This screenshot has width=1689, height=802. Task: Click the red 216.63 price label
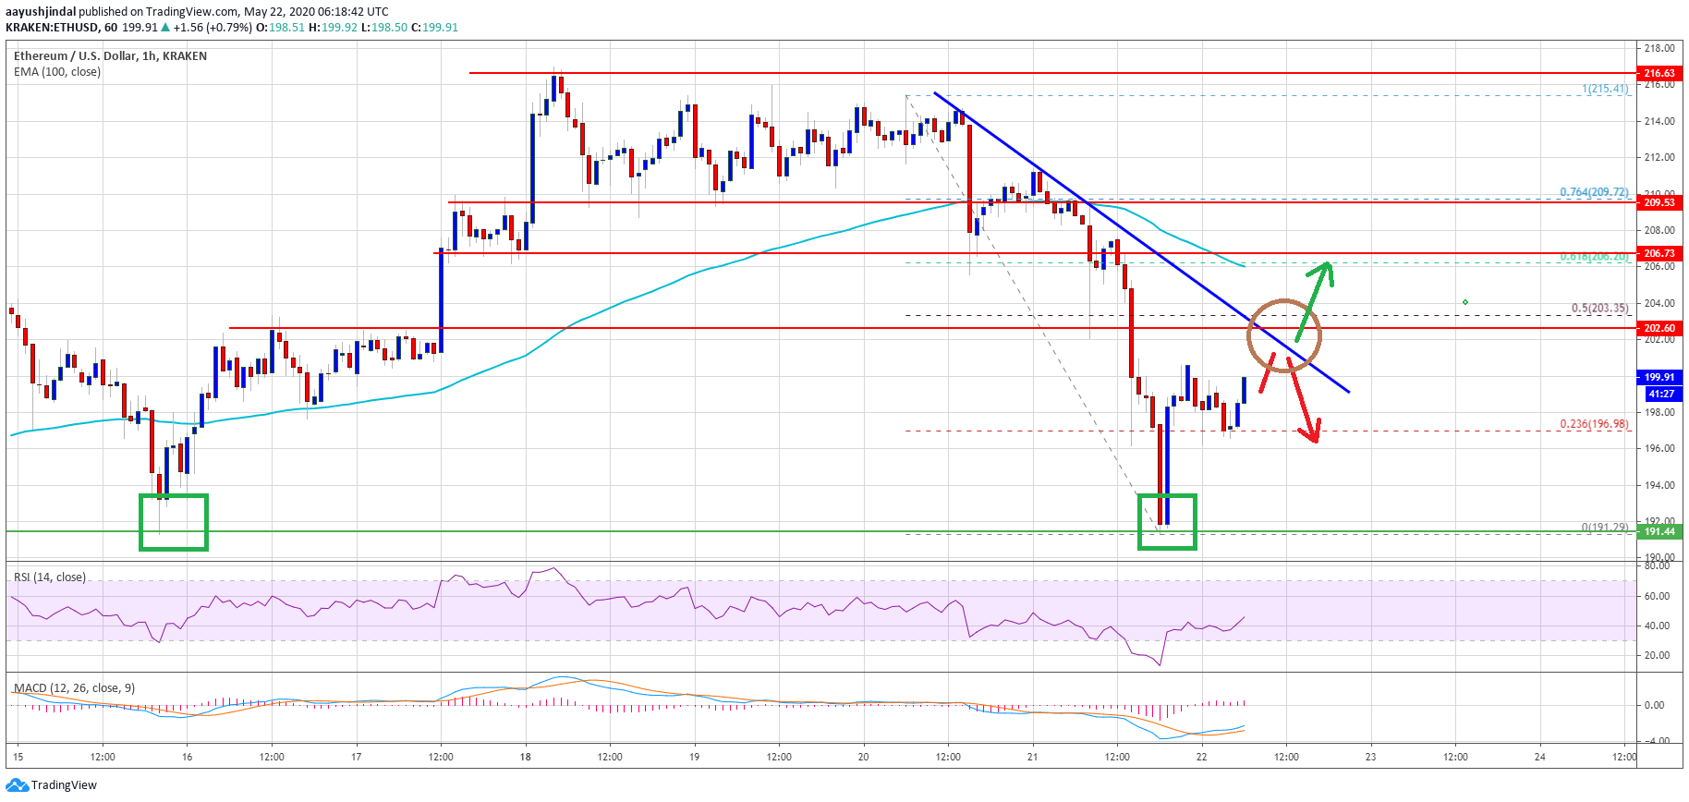coord(1659,73)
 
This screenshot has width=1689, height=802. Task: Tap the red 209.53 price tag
coord(1659,202)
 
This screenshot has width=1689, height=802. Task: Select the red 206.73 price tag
coord(1659,253)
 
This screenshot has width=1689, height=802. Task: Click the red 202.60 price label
coord(1659,328)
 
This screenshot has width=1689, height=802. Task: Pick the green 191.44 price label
coord(1659,531)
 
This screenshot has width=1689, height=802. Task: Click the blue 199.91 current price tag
coord(1659,377)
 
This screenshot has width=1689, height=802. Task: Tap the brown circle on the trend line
coord(1284,335)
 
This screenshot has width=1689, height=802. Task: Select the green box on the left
coord(174,522)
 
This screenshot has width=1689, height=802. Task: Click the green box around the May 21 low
coord(1167,522)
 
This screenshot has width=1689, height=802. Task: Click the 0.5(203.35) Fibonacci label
coord(1599,309)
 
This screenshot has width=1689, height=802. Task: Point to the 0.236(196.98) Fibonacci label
coord(1594,424)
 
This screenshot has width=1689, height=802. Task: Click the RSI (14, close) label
coord(50,577)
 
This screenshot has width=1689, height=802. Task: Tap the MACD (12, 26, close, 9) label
coord(74,688)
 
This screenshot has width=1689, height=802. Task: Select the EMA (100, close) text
coord(57,72)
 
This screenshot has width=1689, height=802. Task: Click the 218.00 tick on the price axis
coord(1659,48)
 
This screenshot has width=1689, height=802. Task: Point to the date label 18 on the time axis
coord(525,757)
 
